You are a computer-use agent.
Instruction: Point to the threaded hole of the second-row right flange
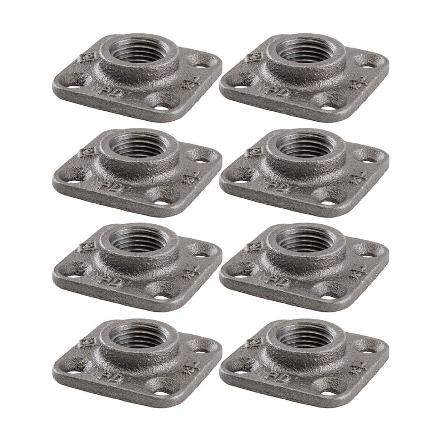pyautogui.click(x=300, y=147)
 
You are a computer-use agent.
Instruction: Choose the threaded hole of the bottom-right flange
pyautogui.click(x=300, y=335)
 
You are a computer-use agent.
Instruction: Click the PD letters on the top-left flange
pyautogui.click(x=107, y=90)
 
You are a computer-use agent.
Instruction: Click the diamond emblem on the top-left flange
pyautogui.click(x=86, y=57)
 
